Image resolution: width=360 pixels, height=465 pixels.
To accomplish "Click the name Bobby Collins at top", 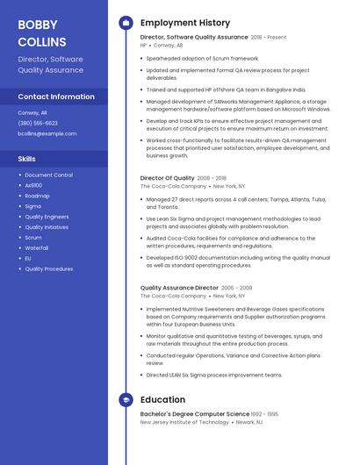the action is pyautogui.click(x=42, y=32).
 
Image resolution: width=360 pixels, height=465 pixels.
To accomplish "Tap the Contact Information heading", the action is pyautogui.click(x=56, y=97).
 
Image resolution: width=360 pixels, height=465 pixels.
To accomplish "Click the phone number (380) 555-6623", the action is pyautogui.click(x=38, y=123).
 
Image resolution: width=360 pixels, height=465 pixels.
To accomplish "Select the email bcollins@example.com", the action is pyautogui.click(x=47, y=133).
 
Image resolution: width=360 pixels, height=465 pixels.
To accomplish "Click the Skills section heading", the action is pyautogui.click(x=27, y=159).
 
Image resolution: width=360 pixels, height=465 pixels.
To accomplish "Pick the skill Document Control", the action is pyautogui.click(x=48, y=175).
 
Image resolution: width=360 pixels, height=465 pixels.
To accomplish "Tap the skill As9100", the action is pyautogui.click(x=33, y=185).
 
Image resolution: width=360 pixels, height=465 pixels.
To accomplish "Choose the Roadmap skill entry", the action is pyautogui.click(x=37, y=196).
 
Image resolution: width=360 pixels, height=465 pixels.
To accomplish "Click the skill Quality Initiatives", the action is pyautogui.click(x=47, y=226).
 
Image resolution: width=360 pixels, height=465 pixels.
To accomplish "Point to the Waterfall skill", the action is pyautogui.click(x=37, y=247).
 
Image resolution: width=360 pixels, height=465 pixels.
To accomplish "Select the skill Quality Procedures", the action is pyautogui.click(x=48, y=268).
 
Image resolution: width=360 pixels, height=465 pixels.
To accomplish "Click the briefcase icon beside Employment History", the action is pyautogui.click(x=126, y=23).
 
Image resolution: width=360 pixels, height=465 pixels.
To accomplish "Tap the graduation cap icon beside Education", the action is pyautogui.click(x=126, y=400).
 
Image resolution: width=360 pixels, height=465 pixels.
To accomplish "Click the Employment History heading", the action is pyautogui.click(x=185, y=23).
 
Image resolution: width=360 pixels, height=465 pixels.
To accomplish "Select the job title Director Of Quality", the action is pyautogui.click(x=168, y=178).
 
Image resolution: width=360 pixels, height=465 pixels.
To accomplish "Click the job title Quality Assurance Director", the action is pyautogui.click(x=179, y=288).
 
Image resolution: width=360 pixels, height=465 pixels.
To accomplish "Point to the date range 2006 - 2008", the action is pyautogui.click(x=236, y=288).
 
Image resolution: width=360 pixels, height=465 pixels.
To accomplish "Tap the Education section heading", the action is pyautogui.click(x=162, y=400).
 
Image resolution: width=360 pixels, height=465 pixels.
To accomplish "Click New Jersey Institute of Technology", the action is pyautogui.click(x=184, y=422).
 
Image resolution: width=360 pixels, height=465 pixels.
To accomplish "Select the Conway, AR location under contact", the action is pyautogui.click(x=33, y=112).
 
